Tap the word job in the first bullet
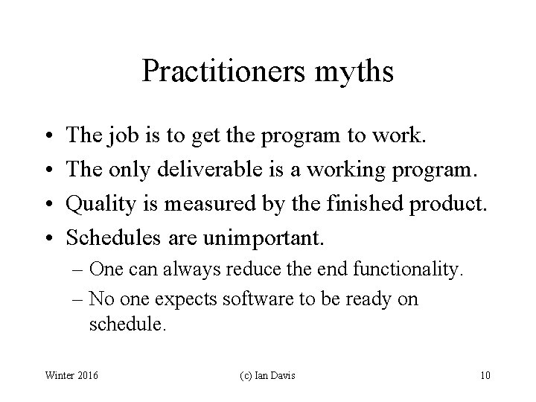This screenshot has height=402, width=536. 124,135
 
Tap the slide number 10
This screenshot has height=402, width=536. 485,375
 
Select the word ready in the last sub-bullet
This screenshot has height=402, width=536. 369,299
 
